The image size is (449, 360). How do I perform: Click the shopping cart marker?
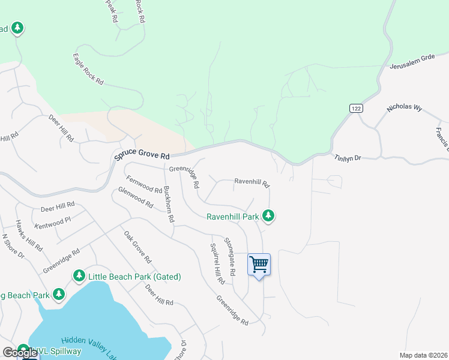259,264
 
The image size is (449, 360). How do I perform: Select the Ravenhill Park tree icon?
270,215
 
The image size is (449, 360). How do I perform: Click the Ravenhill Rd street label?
252,181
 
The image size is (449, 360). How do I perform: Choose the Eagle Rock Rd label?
88,69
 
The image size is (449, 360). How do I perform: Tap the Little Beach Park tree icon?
79,276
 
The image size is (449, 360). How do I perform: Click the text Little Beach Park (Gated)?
134,277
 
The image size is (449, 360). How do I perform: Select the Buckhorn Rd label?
169,204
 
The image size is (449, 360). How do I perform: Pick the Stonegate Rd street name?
230,256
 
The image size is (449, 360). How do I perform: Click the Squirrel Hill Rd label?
217,264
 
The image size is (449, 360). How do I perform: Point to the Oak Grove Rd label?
137,247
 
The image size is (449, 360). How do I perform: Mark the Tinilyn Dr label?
348,158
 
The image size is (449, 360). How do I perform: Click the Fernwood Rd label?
144,184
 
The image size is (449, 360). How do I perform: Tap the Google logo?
20,353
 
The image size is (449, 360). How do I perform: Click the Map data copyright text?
423,355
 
